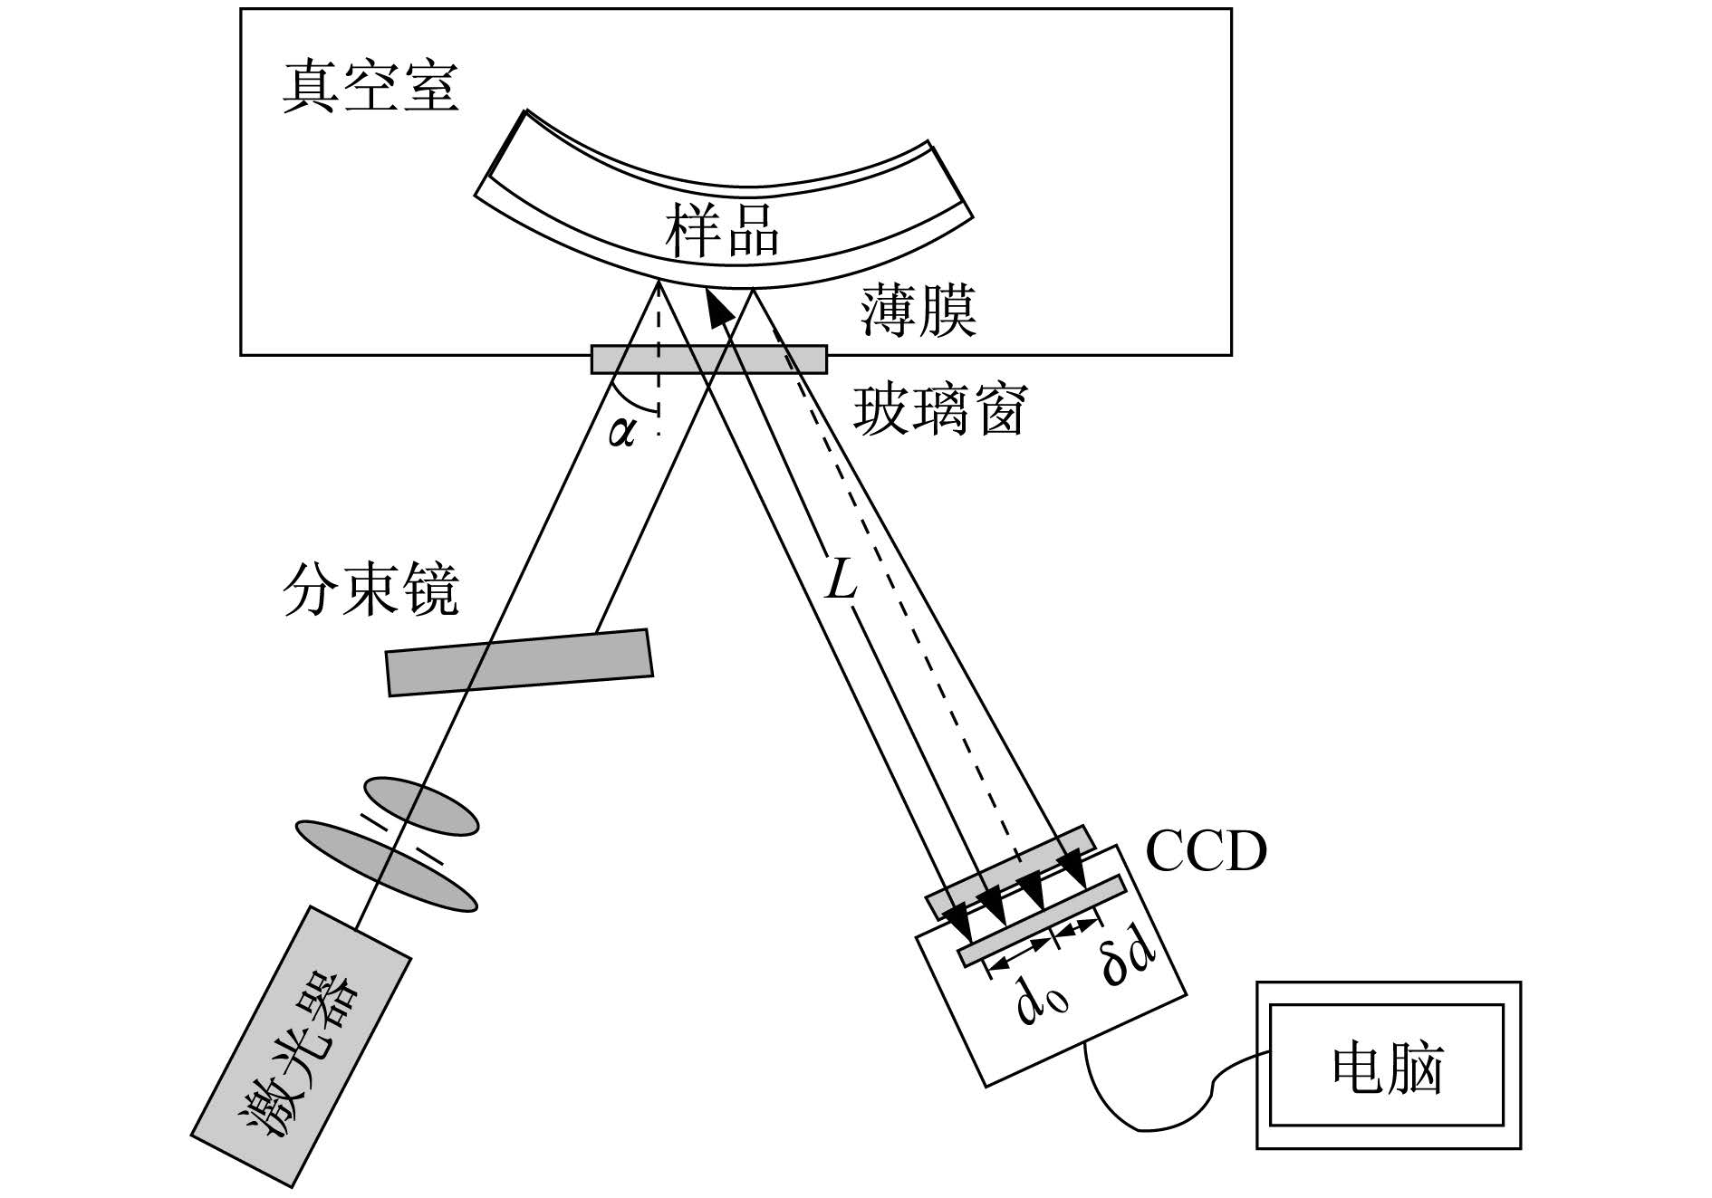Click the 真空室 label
point(370,89)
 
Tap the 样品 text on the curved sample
point(723,230)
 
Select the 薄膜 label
point(919,312)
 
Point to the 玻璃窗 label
point(939,411)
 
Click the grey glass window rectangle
point(709,359)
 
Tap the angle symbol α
point(622,433)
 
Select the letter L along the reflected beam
point(841,580)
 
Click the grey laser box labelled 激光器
point(302,1046)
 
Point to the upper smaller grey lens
point(421,805)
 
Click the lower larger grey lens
point(387,866)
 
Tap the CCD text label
point(1206,851)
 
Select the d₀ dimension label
point(1042,1001)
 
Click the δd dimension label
point(1129,963)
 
